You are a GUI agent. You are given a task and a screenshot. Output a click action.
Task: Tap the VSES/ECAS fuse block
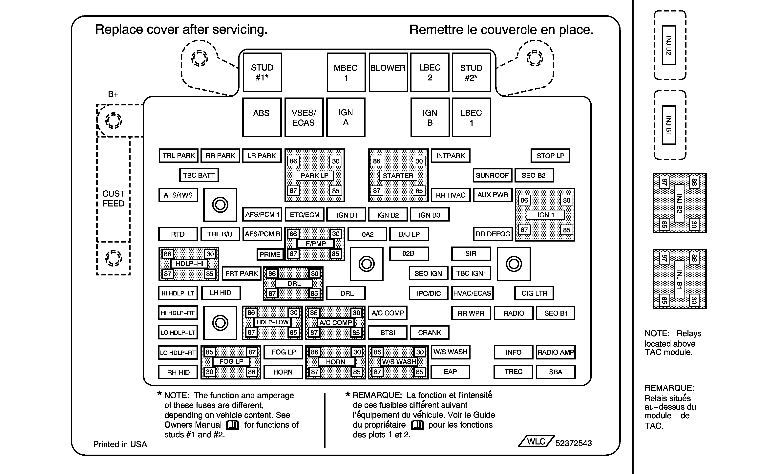point(304,118)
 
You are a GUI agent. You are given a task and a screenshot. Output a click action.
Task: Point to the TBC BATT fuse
point(199,175)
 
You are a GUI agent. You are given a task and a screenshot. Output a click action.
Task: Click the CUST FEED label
point(113,199)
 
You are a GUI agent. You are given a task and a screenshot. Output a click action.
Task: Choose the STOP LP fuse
point(550,156)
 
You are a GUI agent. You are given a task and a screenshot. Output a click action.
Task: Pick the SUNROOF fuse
point(492,175)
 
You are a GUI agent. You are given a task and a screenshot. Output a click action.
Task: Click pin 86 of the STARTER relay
point(376,161)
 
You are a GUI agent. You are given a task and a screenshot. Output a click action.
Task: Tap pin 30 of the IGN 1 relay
point(566,200)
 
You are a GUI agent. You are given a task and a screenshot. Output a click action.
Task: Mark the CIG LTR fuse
point(534,293)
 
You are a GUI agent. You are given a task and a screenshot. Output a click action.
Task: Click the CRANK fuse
point(429,333)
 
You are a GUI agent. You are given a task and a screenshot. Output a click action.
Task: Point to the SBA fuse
point(556,372)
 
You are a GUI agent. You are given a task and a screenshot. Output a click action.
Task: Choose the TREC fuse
point(513,372)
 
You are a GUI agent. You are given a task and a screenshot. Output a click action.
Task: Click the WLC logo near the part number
point(536,441)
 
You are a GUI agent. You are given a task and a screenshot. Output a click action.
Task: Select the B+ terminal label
point(113,94)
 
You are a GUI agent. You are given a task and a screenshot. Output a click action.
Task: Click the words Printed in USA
point(120,444)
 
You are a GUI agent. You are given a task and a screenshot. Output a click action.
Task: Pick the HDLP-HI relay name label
point(189,263)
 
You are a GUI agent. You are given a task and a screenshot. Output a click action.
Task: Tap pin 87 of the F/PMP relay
point(293,254)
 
